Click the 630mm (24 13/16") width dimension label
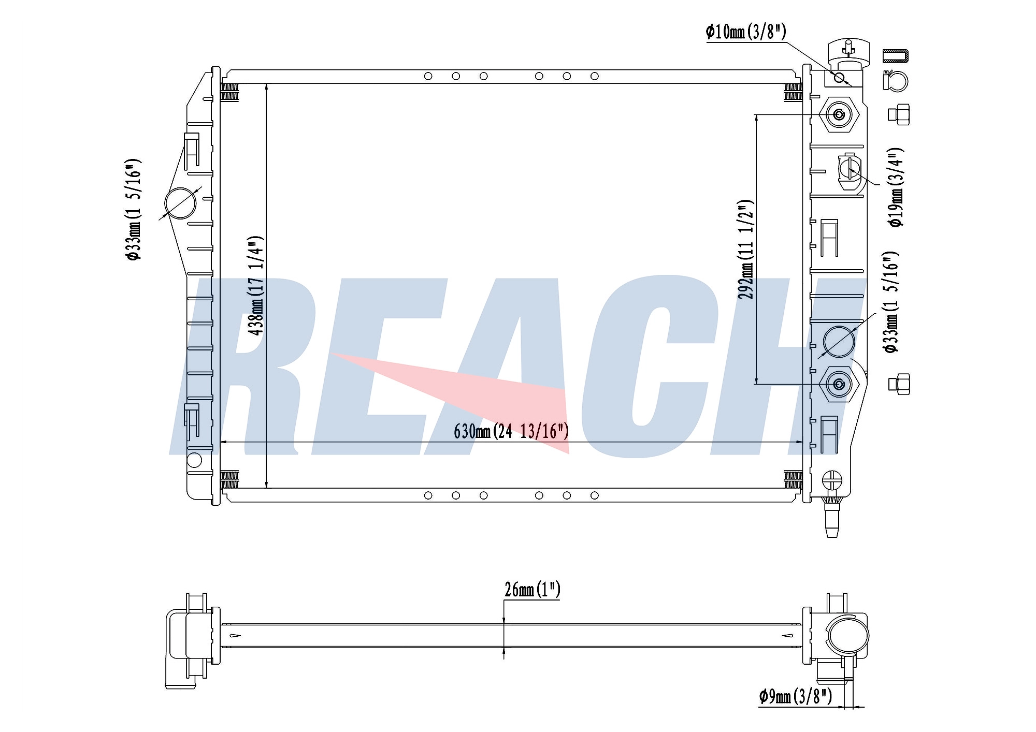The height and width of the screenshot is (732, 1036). (x=511, y=431)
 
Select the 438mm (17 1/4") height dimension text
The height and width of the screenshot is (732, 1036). (x=256, y=286)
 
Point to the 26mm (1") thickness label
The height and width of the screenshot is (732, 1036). (x=533, y=589)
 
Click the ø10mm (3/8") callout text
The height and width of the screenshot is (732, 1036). (x=746, y=32)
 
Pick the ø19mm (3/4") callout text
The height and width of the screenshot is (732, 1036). (x=896, y=187)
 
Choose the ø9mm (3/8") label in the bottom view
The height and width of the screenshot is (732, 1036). (x=795, y=696)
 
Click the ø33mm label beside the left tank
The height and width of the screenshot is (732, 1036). (x=133, y=210)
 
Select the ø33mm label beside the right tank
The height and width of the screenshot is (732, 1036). (x=891, y=303)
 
